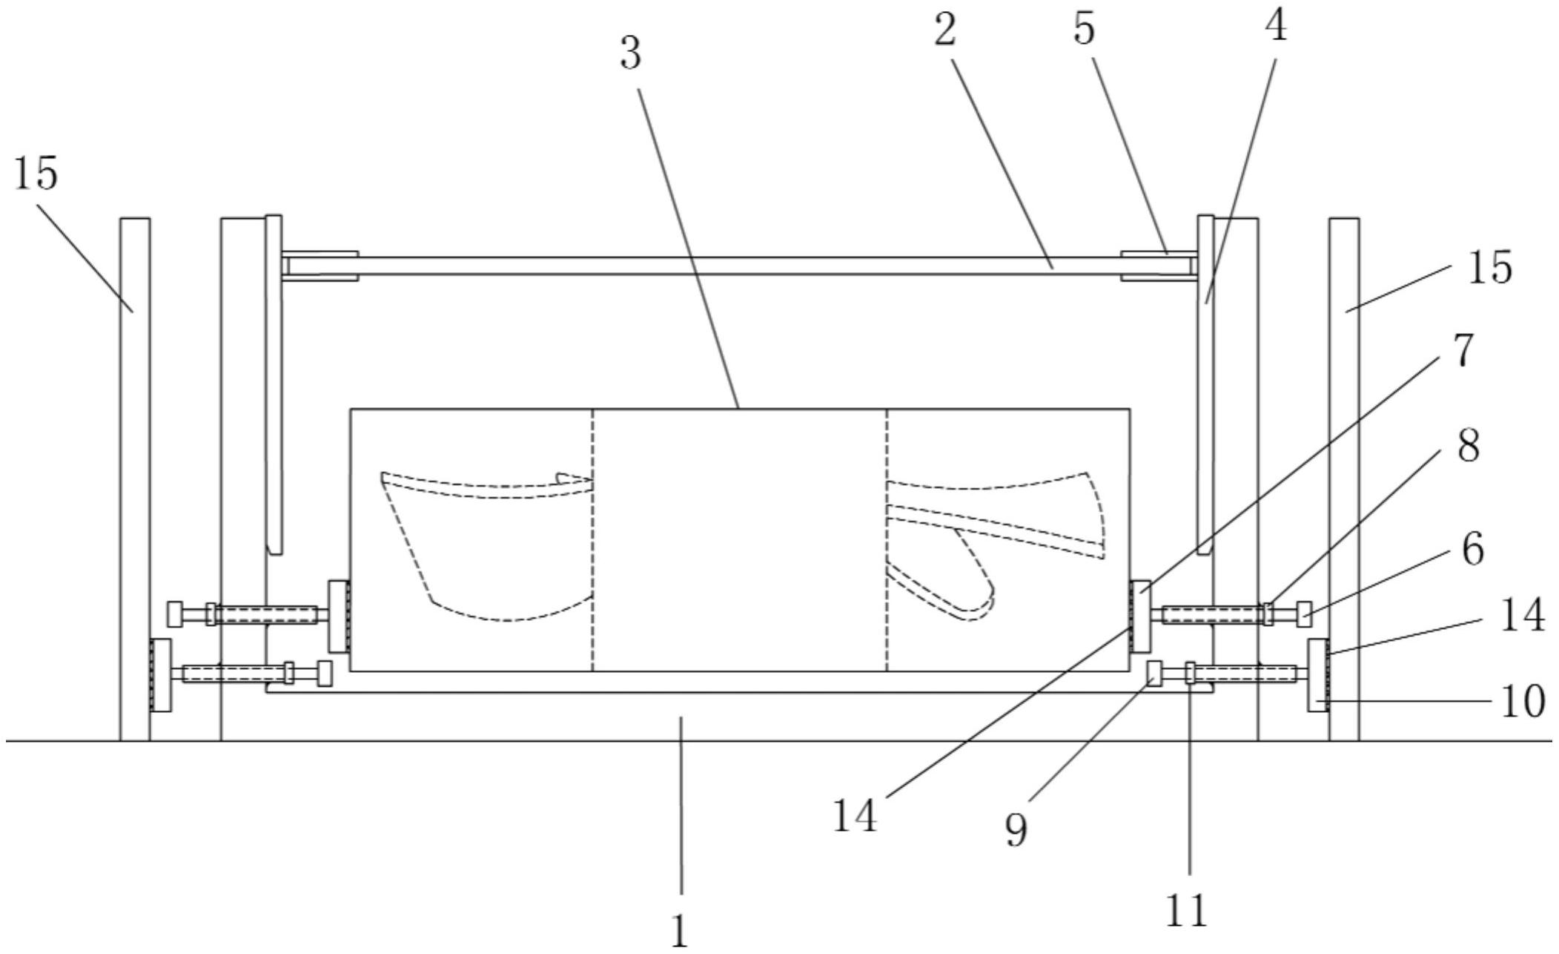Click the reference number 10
tap(1523, 701)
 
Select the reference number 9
tap(1016, 829)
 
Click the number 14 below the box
tap(855, 816)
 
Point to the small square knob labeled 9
tap(1154, 673)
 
